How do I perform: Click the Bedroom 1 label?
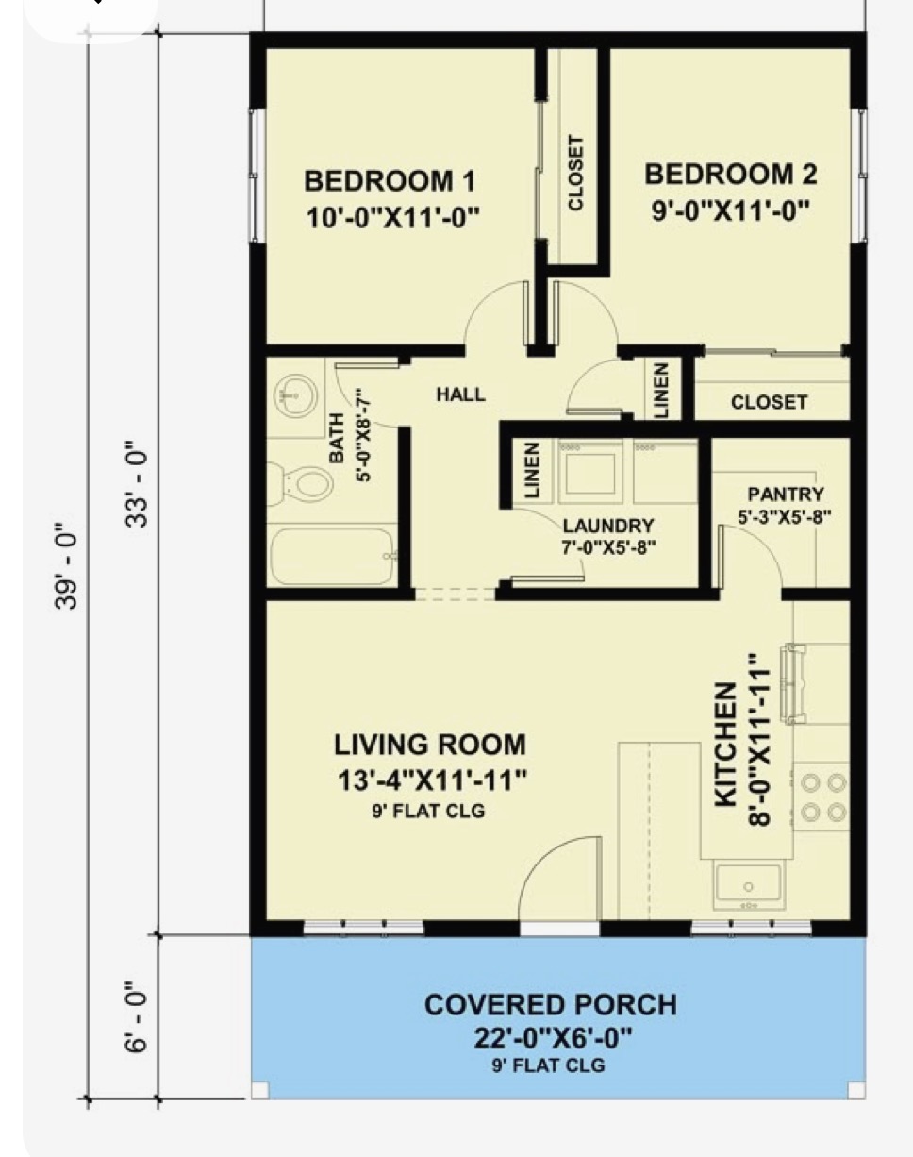coord(390,180)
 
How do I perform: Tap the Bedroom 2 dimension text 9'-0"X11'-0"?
coord(730,210)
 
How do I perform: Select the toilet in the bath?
coord(301,483)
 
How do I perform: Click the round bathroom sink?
coord(295,395)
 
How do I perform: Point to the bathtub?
coord(333,556)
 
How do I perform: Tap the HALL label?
coord(460,394)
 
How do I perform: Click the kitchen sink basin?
coord(748,884)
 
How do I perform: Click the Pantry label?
coord(785,494)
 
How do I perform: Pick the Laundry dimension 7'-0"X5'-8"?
coord(608,548)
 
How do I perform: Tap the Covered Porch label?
coord(551,1004)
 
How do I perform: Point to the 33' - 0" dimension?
coord(137,484)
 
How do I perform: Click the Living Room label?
coord(430,745)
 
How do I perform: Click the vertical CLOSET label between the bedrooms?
coord(575,173)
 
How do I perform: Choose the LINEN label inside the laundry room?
coord(531,470)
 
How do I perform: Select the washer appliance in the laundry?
coord(590,472)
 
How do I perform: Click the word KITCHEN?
coord(725,745)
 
